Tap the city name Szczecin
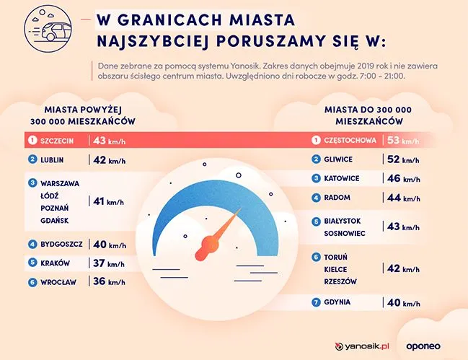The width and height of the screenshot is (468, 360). click(x=58, y=140)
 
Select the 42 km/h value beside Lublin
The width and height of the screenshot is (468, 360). click(x=108, y=160)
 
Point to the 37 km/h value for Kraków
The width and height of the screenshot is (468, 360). click(x=108, y=263)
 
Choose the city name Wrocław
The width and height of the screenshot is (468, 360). click(x=59, y=282)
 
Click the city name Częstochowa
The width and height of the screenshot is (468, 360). click(x=350, y=140)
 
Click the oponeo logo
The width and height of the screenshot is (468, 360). click(x=431, y=346)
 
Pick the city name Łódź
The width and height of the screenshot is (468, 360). click(x=53, y=196)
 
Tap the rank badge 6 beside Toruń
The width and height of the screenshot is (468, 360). click(x=316, y=257)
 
